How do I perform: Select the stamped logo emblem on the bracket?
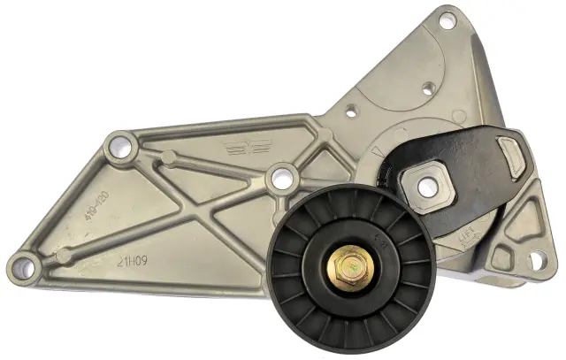point(240,149)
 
